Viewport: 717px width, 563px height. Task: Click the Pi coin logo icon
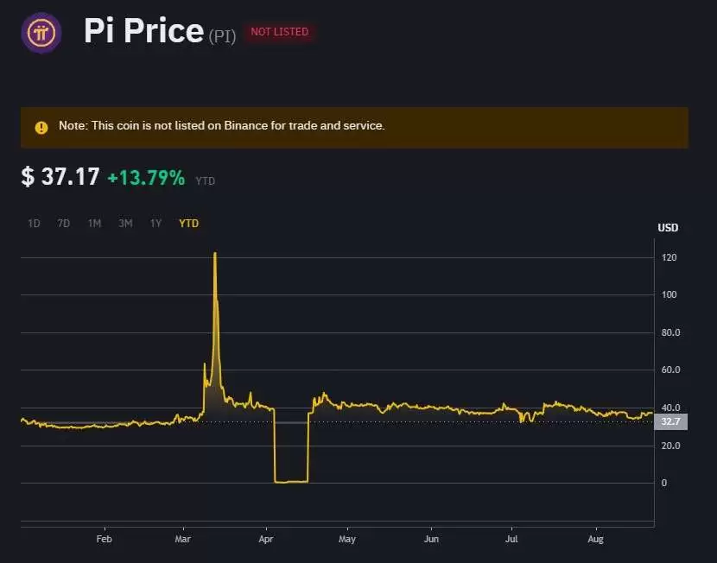point(41,34)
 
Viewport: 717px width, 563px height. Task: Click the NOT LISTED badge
point(279,32)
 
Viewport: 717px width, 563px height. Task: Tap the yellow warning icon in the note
point(41,127)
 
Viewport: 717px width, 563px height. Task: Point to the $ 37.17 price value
point(60,177)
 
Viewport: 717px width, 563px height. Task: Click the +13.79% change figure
point(146,178)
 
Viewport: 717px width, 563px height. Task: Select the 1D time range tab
point(34,224)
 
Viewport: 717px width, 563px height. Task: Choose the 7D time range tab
point(64,224)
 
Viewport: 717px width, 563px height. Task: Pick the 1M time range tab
point(94,224)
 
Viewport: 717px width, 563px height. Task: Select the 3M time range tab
point(125,224)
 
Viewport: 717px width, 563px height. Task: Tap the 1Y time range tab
point(155,224)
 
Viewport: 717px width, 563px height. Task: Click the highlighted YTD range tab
point(188,224)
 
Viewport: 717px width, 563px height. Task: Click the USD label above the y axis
point(668,228)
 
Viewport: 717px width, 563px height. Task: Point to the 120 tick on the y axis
point(669,258)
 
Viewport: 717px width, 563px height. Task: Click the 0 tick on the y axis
point(663,483)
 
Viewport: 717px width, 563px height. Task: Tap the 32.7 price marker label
point(670,422)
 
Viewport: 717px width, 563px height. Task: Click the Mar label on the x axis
point(182,539)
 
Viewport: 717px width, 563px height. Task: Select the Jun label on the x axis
point(431,539)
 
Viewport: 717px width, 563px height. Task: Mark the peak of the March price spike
point(214,253)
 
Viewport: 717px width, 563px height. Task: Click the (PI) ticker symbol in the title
point(222,36)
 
